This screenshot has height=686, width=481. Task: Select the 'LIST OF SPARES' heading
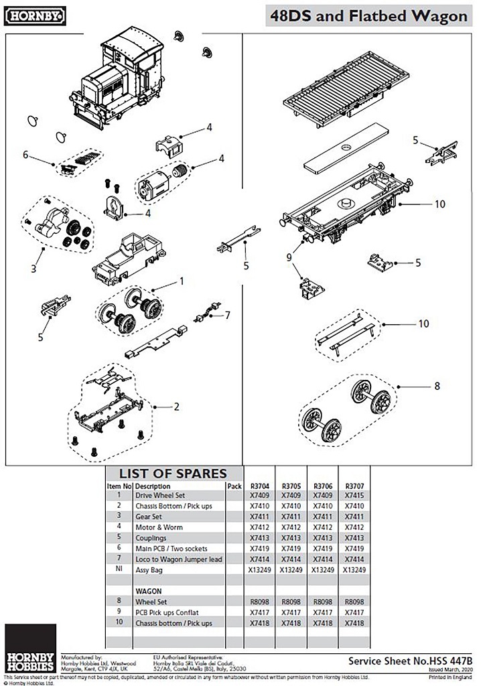[x=173, y=474]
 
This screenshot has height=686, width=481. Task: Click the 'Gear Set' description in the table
[x=151, y=517]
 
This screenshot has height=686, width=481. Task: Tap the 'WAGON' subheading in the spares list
[x=149, y=592]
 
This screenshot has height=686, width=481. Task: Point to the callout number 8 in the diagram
[x=437, y=386]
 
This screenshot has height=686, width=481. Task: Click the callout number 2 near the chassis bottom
[x=176, y=407]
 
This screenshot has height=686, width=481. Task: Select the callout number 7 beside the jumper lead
[x=227, y=315]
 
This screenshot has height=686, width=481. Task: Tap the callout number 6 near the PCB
[x=25, y=155]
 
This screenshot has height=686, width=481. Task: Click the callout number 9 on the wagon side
[x=289, y=256]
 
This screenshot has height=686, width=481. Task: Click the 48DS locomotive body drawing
[x=121, y=80]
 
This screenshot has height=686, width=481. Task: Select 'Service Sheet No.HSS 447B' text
[x=410, y=661]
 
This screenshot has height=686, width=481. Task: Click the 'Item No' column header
[x=118, y=486]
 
